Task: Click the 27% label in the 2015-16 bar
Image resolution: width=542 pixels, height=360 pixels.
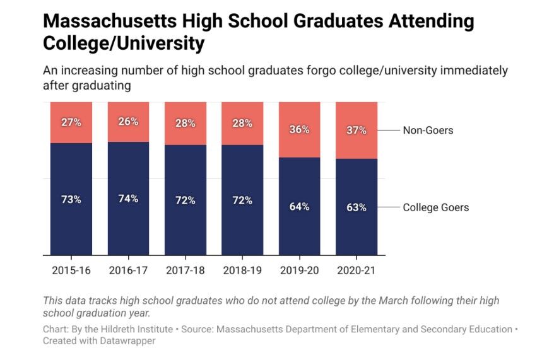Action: (x=71, y=122)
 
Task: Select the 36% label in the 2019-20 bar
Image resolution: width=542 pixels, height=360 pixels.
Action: (x=299, y=130)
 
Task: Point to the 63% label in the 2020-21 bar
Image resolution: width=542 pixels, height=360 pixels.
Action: (x=356, y=207)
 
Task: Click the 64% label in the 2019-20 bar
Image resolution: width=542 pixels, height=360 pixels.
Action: (x=299, y=206)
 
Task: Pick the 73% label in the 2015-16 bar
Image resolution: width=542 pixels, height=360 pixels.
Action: (x=71, y=199)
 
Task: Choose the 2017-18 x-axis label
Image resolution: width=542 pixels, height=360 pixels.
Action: (x=185, y=270)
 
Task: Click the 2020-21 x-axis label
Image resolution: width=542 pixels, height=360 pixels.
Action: (x=356, y=270)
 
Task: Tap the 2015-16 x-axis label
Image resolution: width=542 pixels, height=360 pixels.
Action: (x=71, y=270)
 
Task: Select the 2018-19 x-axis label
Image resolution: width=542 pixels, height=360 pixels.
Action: (x=242, y=270)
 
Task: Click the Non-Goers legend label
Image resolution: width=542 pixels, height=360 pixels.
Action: (x=428, y=131)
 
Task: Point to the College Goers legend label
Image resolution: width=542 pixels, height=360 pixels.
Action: (x=436, y=207)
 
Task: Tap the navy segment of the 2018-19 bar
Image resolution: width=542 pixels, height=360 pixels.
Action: (x=242, y=227)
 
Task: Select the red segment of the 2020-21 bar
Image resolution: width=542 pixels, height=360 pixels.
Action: (x=356, y=145)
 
